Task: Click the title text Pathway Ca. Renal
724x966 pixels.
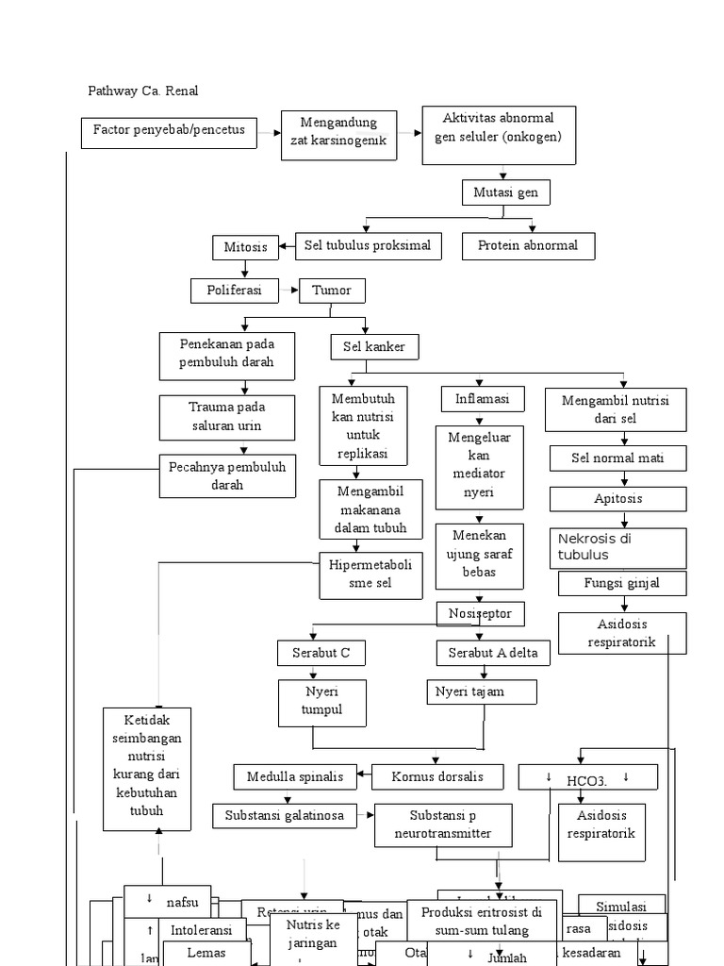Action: pyautogui.click(x=143, y=92)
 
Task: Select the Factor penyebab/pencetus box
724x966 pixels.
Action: pyautogui.click(x=169, y=130)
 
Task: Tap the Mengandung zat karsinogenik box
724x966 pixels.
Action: pyautogui.click(x=338, y=132)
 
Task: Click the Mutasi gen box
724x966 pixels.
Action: pyautogui.click(x=506, y=193)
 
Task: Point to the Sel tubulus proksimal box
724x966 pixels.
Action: pyautogui.click(x=367, y=246)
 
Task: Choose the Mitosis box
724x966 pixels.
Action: pyautogui.click(x=245, y=248)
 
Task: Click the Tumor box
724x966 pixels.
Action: pyautogui.click(x=332, y=291)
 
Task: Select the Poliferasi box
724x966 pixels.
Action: pyautogui.click(x=235, y=291)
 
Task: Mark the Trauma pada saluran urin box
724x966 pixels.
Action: pyautogui.click(x=226, y=417)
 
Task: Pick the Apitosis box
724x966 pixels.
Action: pyautogui.click(x=618, y=498)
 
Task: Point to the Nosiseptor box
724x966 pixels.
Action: pyautogui.click(x=481, y=614)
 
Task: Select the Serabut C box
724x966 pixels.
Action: pyautogui.click(x=321, y=653)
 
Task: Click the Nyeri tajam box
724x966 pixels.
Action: pyautogui.click(x=482, y=691)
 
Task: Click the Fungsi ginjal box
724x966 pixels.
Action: pyautogui.click(x=622, y=584)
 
